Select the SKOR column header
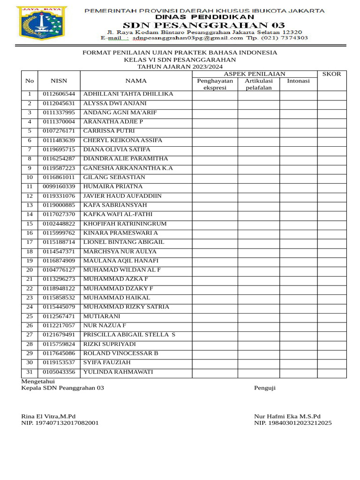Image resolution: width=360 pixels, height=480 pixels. coord(331,74)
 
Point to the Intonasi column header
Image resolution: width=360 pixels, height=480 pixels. coord(298,81)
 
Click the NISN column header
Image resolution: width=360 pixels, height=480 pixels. coord(59,81)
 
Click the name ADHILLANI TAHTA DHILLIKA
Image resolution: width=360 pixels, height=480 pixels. coord(128,94)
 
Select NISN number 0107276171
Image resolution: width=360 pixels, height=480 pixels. coord(59,131)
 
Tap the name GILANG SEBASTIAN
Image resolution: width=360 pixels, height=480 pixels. coord(114,177)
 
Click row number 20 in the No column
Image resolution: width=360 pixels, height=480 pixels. coord(30,270)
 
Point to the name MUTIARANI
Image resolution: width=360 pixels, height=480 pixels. coord(102,316)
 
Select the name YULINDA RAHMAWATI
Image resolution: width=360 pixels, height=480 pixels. coord(118,372)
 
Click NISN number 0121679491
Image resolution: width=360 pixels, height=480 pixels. coord(59,335)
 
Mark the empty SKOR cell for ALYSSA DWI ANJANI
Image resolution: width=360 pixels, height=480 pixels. coord(331,103)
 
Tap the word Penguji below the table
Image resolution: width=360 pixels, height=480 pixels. coord(265,388)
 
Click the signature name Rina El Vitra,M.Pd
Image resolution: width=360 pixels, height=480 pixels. coord(48,416)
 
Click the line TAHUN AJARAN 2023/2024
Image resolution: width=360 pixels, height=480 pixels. coord(180,67)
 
